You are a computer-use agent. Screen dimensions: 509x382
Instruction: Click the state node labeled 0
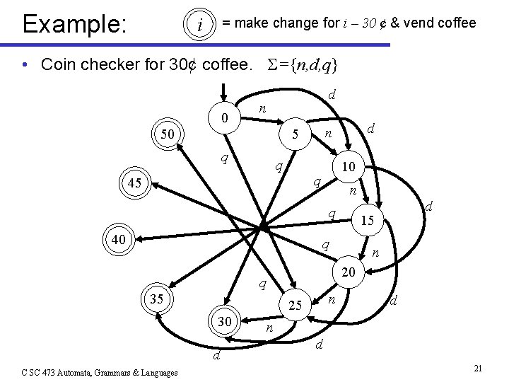[223, 117]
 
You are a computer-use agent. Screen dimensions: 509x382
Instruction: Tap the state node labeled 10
[348, 166]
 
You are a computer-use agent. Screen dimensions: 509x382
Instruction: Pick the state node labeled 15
[367, 221]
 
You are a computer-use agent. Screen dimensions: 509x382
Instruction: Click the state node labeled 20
[348, 272]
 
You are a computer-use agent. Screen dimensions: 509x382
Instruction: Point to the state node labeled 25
[296, 306]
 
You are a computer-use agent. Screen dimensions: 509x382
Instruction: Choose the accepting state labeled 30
[224, 322]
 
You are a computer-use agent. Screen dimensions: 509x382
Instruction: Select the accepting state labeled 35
[156, 299]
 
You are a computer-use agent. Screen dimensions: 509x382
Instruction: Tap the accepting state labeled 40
[118, 240]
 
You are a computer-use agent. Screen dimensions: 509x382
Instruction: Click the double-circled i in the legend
[200, 25]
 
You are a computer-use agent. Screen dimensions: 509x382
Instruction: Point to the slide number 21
[478, 369]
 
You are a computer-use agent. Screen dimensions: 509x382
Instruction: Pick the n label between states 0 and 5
[262, 108]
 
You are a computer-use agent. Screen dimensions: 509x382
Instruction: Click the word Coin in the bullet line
[59, 64]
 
